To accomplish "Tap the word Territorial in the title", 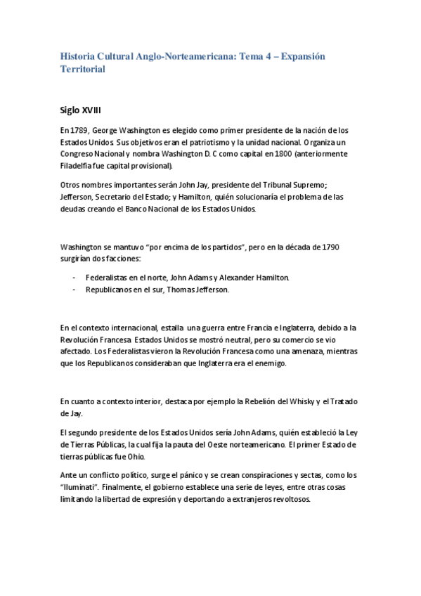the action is point(83,70).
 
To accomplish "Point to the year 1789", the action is point(79,131).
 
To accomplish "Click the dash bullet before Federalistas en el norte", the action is point(74,278).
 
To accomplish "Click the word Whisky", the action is point(287,401).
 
